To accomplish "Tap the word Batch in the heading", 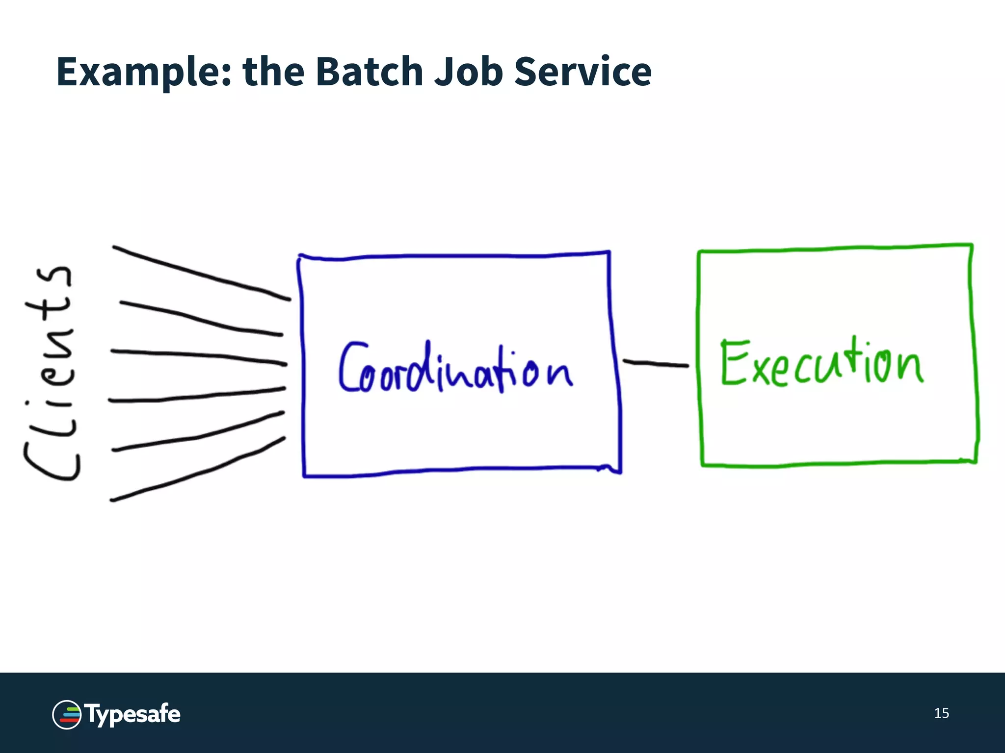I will (368, 72).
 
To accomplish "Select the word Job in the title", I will (468, 72).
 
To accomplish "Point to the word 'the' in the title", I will (273, 72).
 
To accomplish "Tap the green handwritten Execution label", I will (821, 363).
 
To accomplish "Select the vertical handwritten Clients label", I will (51, 373).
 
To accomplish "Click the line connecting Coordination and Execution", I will (656, 364).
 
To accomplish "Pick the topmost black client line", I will (201, 274).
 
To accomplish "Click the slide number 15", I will (941, 713).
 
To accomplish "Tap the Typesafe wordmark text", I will (133, 714).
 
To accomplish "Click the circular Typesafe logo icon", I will (67, 715).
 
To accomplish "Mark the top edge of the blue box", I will (454, 255).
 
